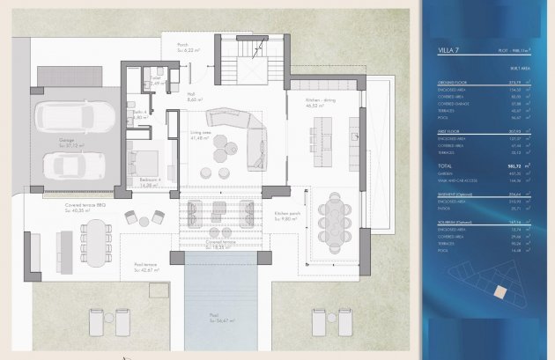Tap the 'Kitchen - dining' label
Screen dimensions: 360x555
(x=320, y=101)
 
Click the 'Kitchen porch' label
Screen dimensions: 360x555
(x=288, y=214)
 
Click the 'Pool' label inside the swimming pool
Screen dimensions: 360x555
(x=216, y=318)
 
